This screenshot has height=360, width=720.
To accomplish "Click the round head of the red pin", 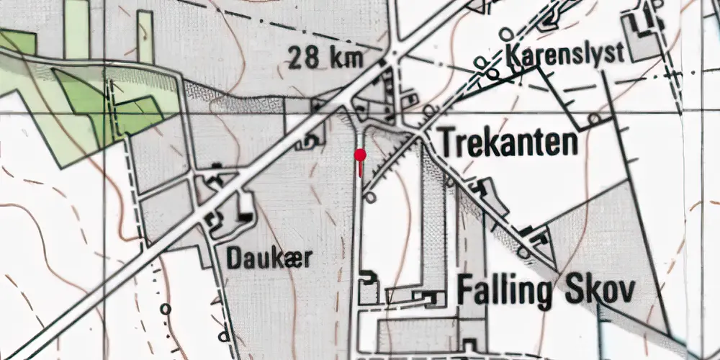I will tap(360, 154).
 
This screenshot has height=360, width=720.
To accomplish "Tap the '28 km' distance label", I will tap(324, 58).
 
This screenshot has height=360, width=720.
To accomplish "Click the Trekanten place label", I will tap(508, 143).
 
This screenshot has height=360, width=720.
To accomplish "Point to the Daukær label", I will tap(269, 258).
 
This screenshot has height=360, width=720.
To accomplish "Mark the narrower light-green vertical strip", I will tap(145, 36).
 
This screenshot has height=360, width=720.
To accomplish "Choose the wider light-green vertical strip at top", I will tap(77, 29).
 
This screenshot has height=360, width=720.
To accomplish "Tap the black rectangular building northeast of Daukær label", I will tap(246, 214).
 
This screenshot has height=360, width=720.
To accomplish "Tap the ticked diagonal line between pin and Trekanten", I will tap(392, 164).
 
